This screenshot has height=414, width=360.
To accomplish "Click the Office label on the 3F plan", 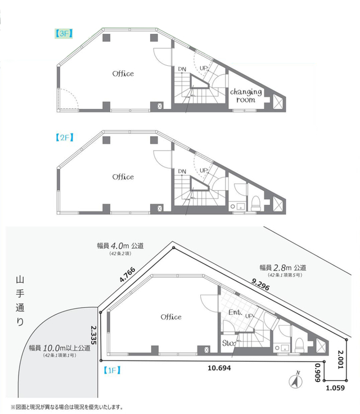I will tap(123, 74).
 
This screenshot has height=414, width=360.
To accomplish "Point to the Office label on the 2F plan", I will tap(123, 177).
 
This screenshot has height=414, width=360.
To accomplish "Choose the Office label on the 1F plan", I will tap(171, 317).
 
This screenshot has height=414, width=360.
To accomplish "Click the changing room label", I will tap(246, 95).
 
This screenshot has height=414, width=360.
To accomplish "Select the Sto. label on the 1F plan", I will tap(229, 341).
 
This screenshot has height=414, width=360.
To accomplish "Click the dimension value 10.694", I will tap(219, 368).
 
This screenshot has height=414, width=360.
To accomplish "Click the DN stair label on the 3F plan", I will tap(182, 69).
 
